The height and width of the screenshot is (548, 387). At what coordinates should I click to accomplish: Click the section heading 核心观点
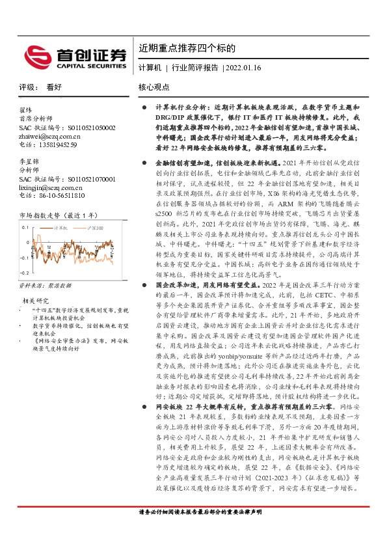click(153, 87)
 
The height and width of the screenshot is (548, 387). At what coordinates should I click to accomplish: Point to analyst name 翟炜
click(26, 111)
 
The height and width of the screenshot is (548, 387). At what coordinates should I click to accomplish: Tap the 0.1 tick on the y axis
click(26, 228)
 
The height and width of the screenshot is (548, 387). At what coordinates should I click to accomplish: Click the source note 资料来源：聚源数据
click(45, 286)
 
